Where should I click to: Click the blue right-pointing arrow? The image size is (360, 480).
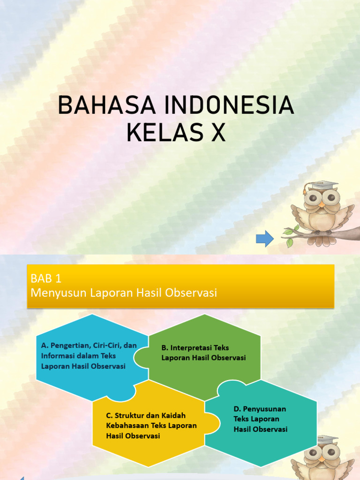pos(264,239)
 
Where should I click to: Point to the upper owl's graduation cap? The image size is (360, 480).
pos(323,185)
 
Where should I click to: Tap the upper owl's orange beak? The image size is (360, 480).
pos(322,204)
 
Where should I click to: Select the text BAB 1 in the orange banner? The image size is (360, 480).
pos(46,279)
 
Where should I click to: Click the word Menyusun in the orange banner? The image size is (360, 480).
pos(54,292)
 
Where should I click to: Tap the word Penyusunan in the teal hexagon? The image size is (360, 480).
pos(266,409)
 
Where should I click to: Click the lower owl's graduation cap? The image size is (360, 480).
pos(324,440)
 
